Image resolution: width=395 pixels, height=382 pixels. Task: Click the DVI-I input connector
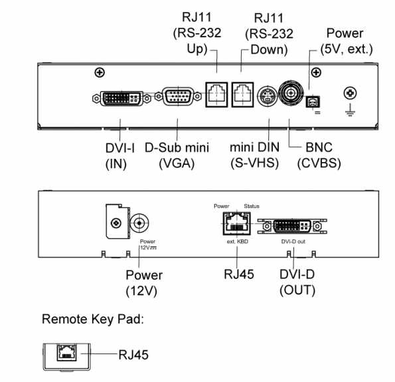point(121,98)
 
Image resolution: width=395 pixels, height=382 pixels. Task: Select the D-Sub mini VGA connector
point(178,96)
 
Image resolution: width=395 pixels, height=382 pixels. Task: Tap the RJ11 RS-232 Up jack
point(216,94)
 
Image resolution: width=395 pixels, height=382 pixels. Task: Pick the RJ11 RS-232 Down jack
point(242,94)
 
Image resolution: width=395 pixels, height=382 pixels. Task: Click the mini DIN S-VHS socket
point(268,96)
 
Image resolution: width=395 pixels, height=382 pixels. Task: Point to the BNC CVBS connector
point(291,94)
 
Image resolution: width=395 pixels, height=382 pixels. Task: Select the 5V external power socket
point(313,102)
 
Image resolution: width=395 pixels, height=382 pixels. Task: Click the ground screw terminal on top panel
point(350,93)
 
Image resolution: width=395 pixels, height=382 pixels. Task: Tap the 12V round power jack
point(139,223)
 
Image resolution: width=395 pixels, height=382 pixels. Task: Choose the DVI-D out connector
point(292,226)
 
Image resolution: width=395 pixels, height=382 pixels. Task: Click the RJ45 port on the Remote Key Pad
point(67,352)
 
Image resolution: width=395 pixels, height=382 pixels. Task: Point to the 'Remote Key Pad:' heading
point(93,319)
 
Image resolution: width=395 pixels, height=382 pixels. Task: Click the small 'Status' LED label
point(252,206)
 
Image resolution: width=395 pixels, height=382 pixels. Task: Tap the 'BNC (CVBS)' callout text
point(319,155)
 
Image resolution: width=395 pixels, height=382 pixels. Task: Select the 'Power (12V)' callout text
point(144,283)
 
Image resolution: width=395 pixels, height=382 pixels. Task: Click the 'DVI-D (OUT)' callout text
point(297,282)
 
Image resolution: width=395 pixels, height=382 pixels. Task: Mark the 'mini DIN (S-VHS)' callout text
point(255,155)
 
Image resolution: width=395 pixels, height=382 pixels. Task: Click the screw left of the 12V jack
point(116,223)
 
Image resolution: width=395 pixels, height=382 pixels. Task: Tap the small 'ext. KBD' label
point(237,242)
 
